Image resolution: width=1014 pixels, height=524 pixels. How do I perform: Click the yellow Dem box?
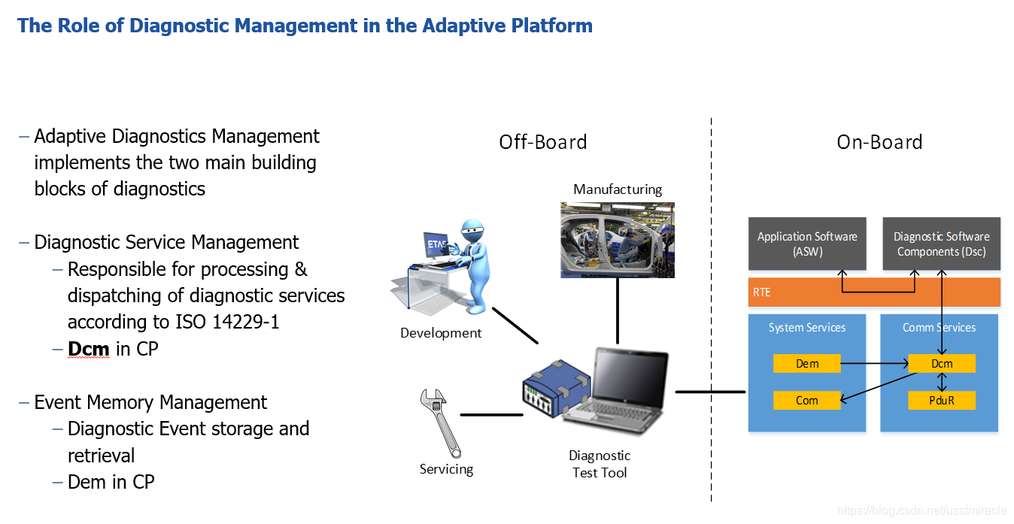(x=806, y=364)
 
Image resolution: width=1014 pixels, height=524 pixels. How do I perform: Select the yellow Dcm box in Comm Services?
(x=941, y=364)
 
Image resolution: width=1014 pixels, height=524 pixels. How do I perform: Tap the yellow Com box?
(x=806, y=401)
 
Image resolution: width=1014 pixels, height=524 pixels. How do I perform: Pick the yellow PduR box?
(x=941, y=401)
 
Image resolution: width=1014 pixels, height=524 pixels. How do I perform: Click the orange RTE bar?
(x=873, y=292)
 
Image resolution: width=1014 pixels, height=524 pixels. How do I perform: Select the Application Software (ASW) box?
(x=807, y=244)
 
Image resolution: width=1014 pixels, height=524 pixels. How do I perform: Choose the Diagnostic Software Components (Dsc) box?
(x=941, y=244)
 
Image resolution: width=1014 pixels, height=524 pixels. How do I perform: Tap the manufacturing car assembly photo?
(x=617, y=239)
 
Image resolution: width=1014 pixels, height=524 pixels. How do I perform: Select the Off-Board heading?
(x=542, y=142)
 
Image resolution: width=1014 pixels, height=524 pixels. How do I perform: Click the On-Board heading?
(x=879, y=142)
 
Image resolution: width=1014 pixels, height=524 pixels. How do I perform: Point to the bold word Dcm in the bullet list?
(x=89, y=349)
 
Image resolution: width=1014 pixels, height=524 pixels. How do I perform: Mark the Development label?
(x=441, y=333)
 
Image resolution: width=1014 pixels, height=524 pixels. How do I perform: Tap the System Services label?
(x=806, y=328)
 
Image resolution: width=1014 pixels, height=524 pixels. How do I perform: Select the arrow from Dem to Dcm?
(x=873, y=364)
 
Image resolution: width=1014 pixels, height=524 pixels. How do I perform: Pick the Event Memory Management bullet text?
(x=150, y=402)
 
